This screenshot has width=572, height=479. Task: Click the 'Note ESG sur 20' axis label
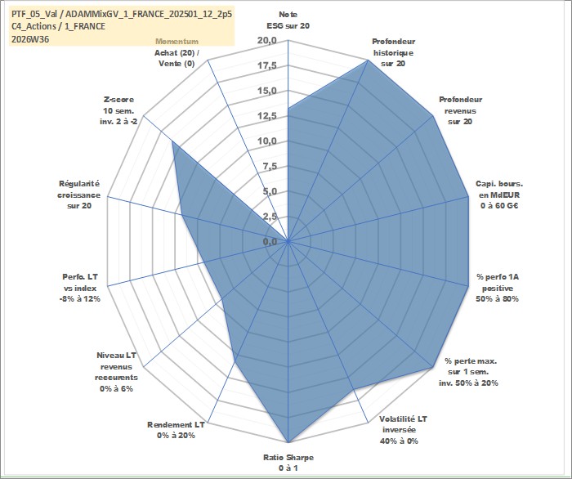(288, 20)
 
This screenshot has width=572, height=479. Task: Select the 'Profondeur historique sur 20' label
(393, 52)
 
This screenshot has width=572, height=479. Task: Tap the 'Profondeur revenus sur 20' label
(460, 110)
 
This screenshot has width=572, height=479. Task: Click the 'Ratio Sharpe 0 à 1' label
(288, 463)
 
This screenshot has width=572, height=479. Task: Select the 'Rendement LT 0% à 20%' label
(176, 430)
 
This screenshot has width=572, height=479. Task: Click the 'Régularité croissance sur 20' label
(78, 195)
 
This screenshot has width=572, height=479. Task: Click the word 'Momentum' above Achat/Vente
(177, 41)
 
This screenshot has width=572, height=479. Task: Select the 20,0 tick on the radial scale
(267, 41)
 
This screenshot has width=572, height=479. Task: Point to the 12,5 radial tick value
(267, 116)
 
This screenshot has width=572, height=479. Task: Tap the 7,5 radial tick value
(269, 167)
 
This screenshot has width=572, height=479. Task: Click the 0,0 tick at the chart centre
(270, 241)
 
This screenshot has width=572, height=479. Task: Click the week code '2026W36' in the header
(30, 39)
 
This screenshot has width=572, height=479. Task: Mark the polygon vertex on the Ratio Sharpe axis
(288, 442)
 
